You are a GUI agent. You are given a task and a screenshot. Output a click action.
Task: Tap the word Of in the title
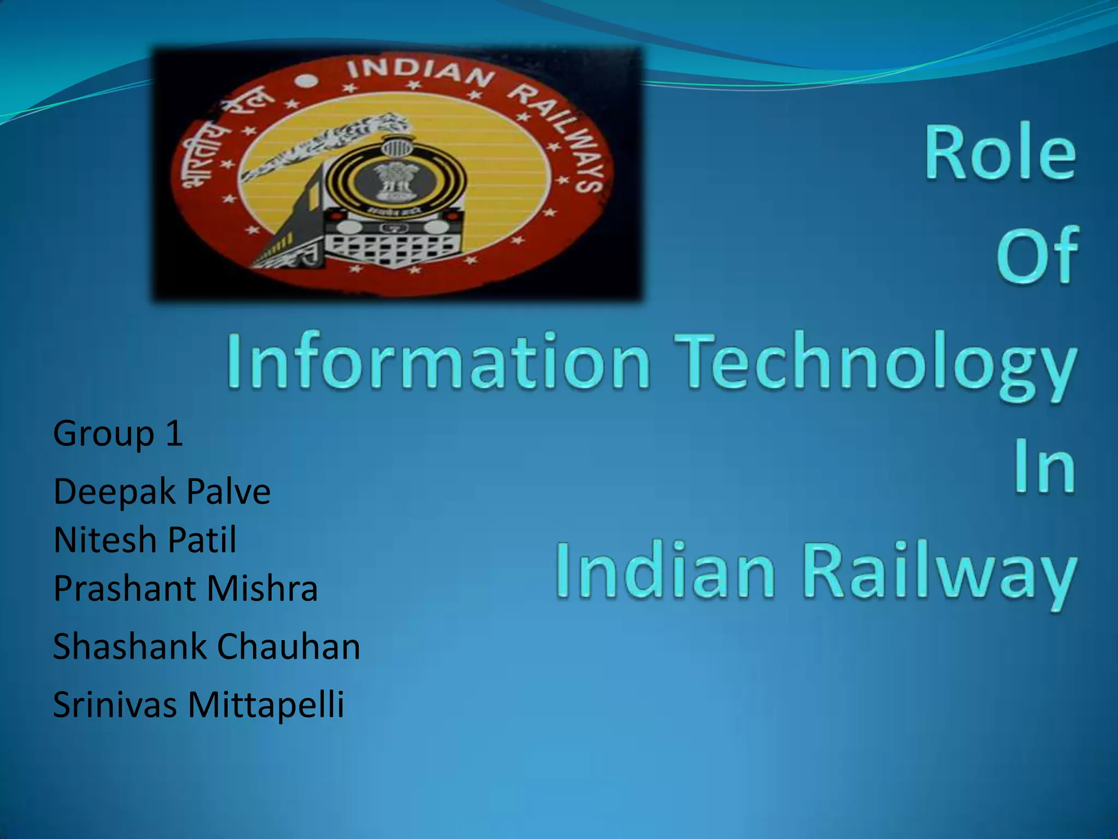tap(1037, 256)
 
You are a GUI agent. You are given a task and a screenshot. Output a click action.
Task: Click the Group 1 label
tap(118, 433)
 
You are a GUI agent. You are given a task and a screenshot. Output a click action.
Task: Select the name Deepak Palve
tap(162, 491)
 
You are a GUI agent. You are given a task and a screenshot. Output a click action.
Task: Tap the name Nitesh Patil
tap(145, 540)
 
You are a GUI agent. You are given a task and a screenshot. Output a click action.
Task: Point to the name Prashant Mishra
tap(185, 588)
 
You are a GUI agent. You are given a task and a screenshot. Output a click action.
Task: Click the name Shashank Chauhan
tap(206, 646)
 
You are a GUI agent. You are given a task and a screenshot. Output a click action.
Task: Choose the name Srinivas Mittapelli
tap(198, 705)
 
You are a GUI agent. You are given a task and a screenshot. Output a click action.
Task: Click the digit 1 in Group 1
tap(174, 433)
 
